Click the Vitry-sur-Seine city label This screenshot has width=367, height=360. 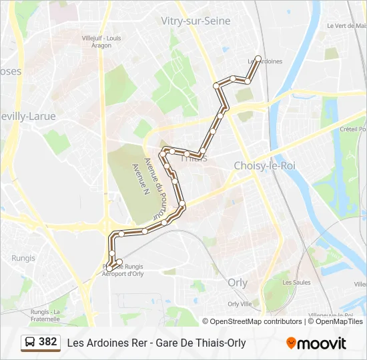coord(196,21)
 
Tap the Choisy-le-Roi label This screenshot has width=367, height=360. coord(265,165)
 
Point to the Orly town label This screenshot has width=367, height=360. coord(237,282)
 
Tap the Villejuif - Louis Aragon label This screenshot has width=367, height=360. coord(101,42)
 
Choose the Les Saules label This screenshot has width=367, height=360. coord(296,282)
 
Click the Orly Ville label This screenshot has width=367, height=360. coord(240,303)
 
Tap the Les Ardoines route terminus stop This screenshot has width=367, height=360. coord(258,58)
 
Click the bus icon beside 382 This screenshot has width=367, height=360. coord(30,343)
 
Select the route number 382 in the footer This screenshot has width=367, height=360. coord(48,342)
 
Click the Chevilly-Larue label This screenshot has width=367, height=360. coord(27,116)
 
